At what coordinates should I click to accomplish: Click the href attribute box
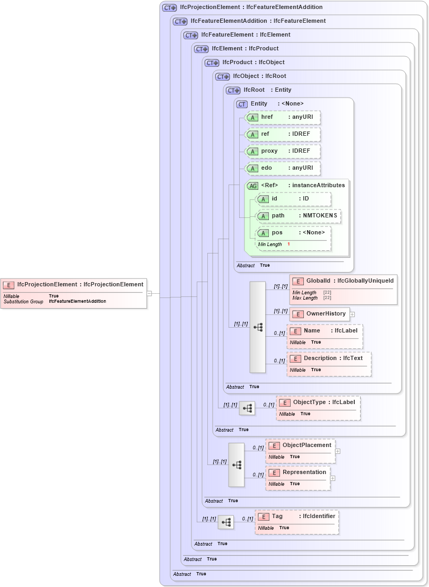[282, 117]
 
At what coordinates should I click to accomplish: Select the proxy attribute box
[282, 151]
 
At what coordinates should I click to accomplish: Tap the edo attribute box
[282, 168]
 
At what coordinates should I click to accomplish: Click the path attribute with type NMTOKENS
[298, 216]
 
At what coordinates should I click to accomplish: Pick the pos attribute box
[293, 233]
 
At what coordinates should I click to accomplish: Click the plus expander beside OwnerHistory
[352, 314]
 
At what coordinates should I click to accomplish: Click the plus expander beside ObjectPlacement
[338, 451]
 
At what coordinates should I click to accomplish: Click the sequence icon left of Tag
[226, 522]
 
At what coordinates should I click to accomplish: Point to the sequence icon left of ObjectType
[247, 408]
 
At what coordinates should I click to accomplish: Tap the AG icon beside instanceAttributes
[253, 186]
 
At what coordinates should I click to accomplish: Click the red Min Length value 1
[289, 244]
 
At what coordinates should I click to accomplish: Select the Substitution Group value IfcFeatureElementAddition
[77, 301]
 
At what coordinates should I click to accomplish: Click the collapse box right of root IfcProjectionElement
[150, 293]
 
